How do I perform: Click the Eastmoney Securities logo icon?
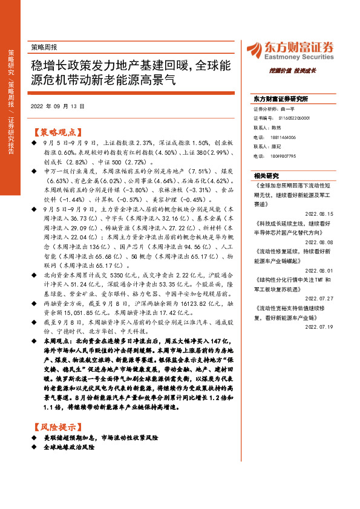253,49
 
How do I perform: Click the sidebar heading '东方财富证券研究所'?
281,98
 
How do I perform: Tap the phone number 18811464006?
283,137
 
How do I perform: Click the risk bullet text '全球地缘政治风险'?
68,447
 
